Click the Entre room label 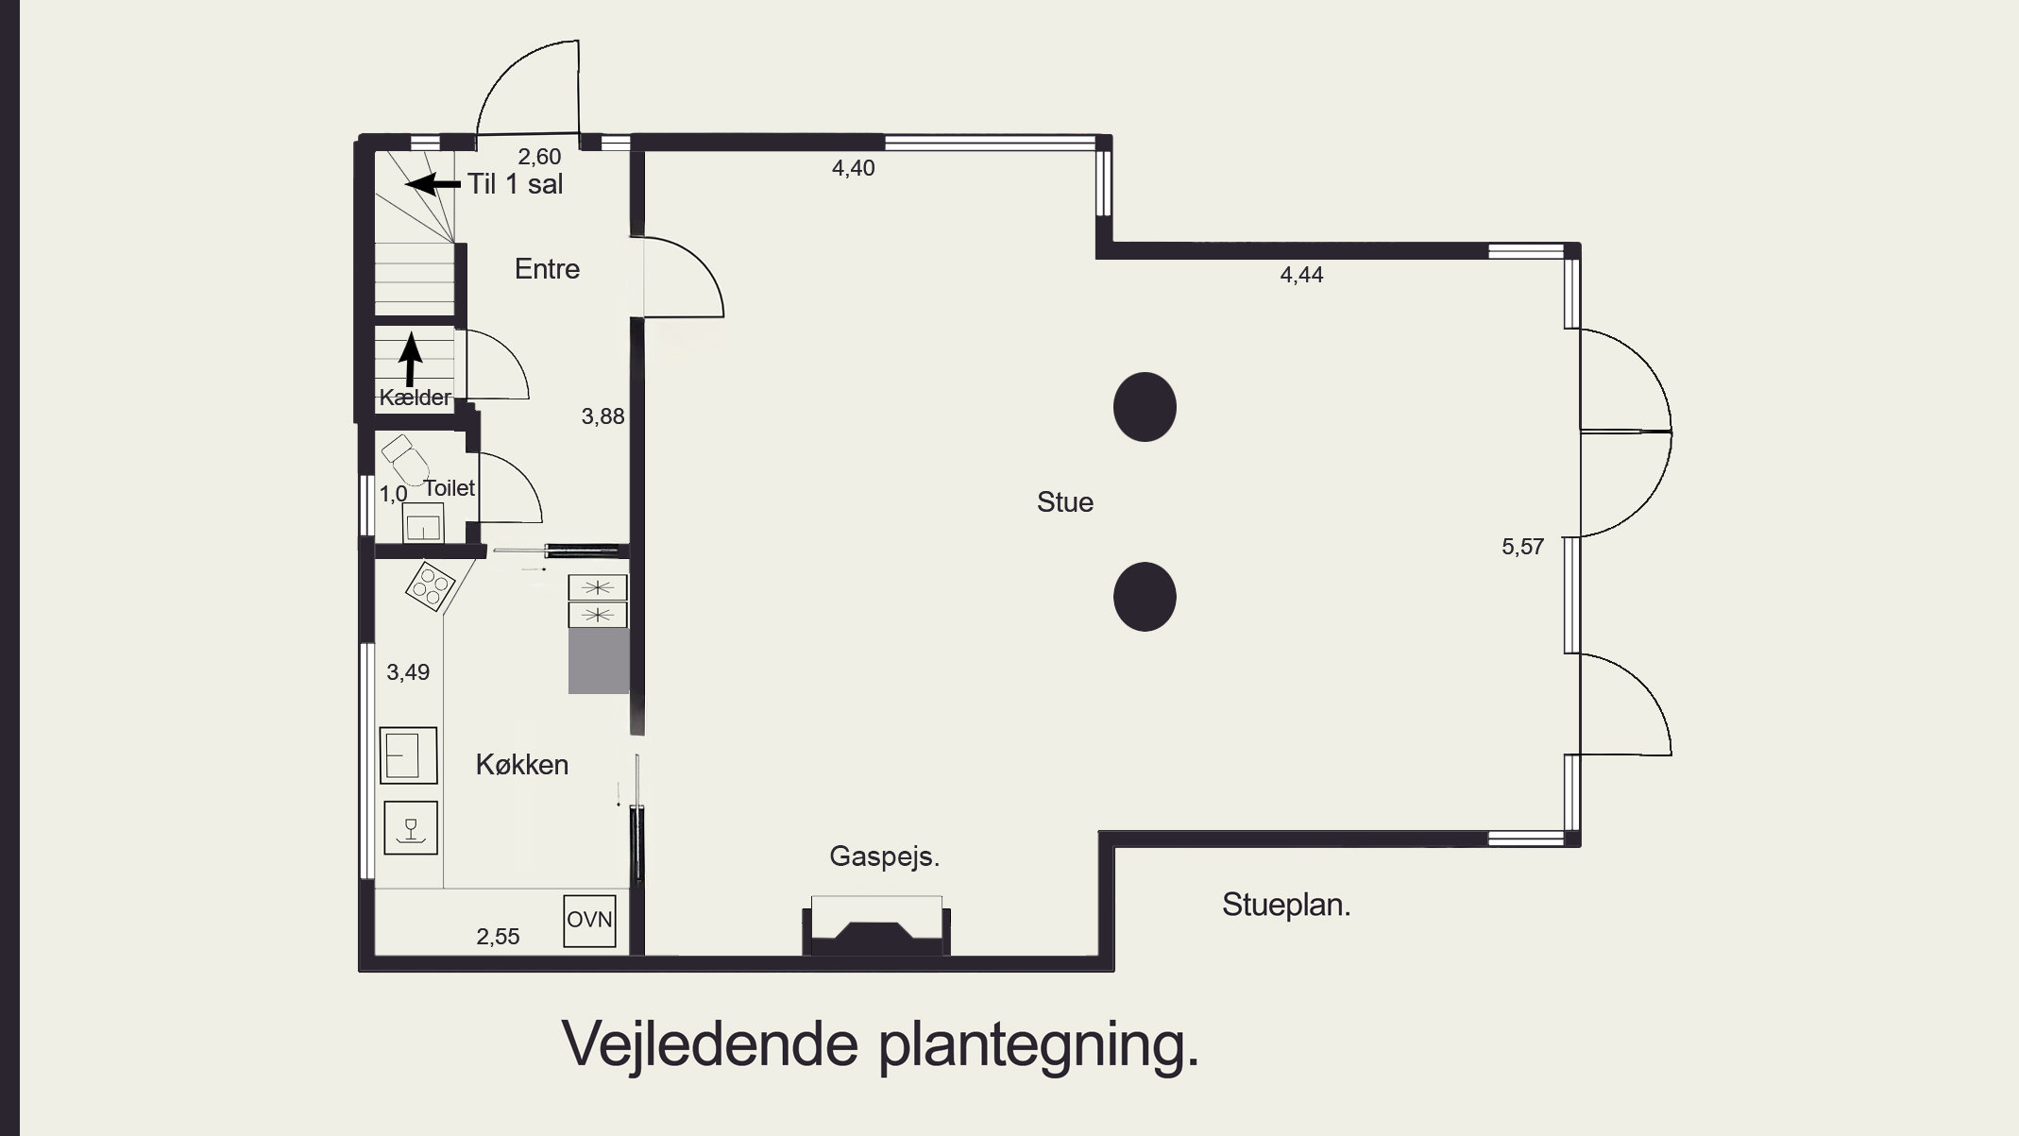(547, 269)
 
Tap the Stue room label (1064, 502)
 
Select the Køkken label (521, 765)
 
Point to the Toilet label (449, 488)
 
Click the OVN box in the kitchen (589, 920)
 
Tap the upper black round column (1145, 407)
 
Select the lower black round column (1145, 597)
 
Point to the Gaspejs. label (884, 856)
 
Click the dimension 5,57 (1522, 547)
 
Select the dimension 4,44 (1301, 275)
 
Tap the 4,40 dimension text (853, 168)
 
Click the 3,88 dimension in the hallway (602, 416)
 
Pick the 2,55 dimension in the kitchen (498, 937)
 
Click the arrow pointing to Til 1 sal (433, 182)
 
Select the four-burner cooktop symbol (430, 586)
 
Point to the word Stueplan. (1286, 905)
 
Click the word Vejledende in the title (710, 1043)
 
